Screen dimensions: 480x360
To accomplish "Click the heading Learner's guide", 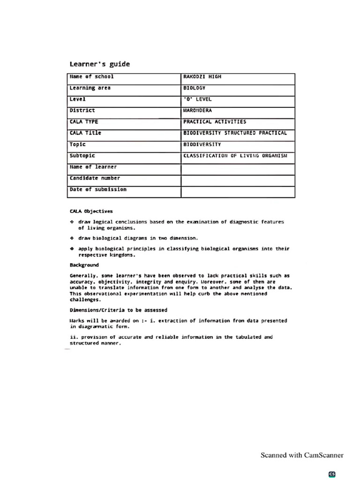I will [x=99, y=64].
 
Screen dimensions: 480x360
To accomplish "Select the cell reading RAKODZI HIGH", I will [x=202, y=76].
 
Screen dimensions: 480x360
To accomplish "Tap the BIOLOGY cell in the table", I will [x=194, y=88].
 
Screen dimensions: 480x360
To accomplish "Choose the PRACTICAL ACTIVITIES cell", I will [x=214, y=122].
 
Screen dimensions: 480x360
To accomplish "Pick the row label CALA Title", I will [x=85, y=133].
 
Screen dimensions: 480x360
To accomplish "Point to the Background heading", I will [x=84, y=265].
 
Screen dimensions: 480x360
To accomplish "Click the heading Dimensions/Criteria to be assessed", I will [x=118, y=310].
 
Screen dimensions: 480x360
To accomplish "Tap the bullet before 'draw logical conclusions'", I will [x=72, y=222].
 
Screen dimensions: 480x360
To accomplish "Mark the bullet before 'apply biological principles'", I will [x=72, y=249].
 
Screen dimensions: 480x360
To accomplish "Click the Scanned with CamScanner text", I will [x=302, y=455].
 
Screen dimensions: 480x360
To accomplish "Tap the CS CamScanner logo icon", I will [x=332, y=474].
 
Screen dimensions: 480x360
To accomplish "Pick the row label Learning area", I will [x=90, y=88].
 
